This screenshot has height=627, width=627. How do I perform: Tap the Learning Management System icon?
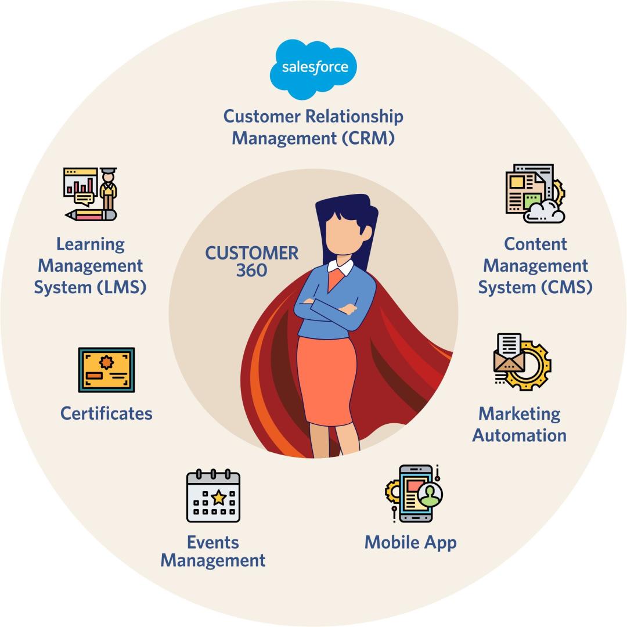tap(91, 194)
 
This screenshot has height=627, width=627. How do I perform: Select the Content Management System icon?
tap(535, 193)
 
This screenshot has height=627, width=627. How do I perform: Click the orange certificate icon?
tap(106, 370)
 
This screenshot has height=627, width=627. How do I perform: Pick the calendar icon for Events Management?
tap(213, 496)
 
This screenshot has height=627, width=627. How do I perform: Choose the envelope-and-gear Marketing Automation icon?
tap(521, 362)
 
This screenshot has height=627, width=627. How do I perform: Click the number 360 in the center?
tap(251, 271)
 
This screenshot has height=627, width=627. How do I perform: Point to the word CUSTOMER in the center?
tap(251, 253)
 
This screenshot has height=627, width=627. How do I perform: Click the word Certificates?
tap(106, 413)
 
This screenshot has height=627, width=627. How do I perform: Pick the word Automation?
tap(519, 435)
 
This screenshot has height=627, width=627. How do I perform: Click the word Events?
tap(213, 542)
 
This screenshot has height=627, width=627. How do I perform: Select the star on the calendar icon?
tap(218, 497)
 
